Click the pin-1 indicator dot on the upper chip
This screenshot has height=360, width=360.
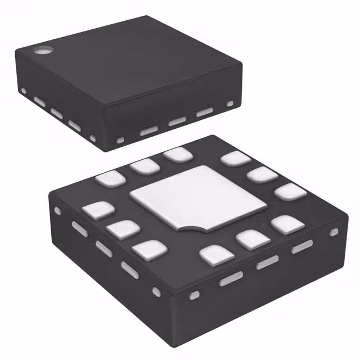tap(42, 51)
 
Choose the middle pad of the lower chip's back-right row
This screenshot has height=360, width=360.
tap(262, 174)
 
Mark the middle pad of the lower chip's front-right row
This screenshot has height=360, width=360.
tap(251, 240)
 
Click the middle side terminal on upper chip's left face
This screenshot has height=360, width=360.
tap(56, 113)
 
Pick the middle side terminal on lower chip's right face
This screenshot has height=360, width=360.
tap(267, 262)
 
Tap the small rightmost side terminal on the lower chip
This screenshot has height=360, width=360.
tap(334, 232)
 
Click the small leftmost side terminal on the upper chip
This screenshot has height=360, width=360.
tap(24, 91)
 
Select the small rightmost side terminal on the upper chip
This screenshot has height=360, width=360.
tap(229, 103)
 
